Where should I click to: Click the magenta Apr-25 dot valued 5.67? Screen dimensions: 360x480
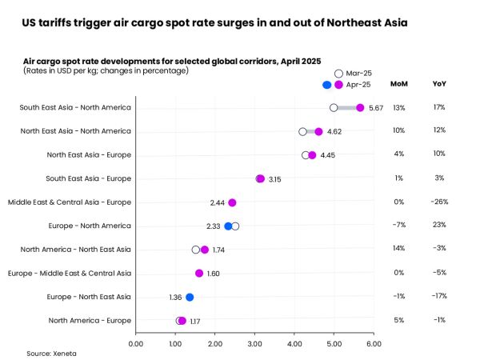360,107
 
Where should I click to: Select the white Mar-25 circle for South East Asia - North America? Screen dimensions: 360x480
334,107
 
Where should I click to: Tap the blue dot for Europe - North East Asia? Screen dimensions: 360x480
190,297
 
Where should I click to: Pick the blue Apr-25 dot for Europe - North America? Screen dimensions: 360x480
228,226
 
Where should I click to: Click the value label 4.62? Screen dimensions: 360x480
334,131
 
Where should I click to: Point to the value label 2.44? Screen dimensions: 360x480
217,202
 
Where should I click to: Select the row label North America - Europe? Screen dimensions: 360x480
90,321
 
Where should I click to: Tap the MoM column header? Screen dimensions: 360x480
398,83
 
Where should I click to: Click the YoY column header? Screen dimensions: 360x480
439,83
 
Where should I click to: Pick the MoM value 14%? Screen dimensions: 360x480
398,250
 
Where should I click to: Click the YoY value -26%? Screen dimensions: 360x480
439,202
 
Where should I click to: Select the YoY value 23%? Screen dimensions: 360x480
439,226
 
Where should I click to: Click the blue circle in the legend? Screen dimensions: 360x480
326,85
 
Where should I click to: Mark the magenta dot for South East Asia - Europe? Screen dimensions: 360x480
259,178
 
